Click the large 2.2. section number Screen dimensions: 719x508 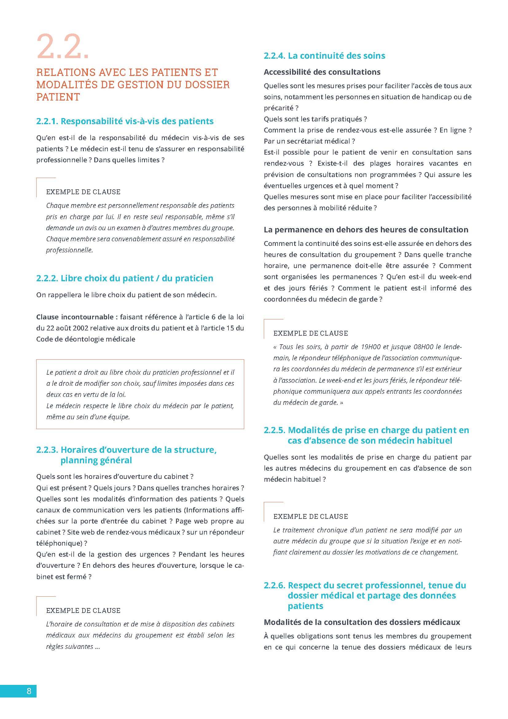click(63, 47)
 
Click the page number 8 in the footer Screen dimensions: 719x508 click(29, 691)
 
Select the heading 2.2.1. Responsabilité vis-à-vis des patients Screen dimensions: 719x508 click(125, 121)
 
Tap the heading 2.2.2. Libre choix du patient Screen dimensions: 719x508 click(125, 278)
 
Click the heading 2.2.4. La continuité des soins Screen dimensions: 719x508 click(324, 56)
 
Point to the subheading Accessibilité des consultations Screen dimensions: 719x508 click(322, 72)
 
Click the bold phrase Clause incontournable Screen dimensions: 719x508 click(75, 317)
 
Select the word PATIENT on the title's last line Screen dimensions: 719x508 click(58, 97)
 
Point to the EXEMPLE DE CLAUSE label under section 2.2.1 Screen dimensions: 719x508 click(83, 192)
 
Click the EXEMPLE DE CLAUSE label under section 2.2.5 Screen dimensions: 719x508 click(311, 516)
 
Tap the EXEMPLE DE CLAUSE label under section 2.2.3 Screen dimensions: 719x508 click(83, 610)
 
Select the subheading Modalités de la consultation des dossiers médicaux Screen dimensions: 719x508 click(362, 622)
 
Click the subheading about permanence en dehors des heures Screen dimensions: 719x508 click(366, 230)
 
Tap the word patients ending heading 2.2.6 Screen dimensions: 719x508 click(305, 606)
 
